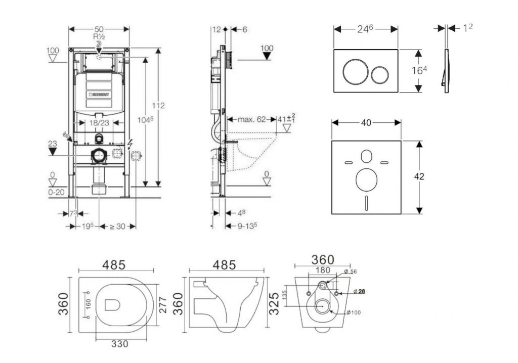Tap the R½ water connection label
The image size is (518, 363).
click(x=99, y=37)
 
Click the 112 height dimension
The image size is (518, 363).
click(x=158, y=106)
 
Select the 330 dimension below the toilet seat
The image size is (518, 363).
click(x=119, y=344)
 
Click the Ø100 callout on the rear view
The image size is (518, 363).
click(x=354, y=312)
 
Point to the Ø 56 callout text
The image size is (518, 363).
click(x=350, y=272)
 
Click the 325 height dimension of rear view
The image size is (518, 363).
click(x=274, y=302)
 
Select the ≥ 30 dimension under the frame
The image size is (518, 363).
click(x=117, y=226)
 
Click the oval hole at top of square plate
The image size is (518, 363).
click(x=366, y=157)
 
